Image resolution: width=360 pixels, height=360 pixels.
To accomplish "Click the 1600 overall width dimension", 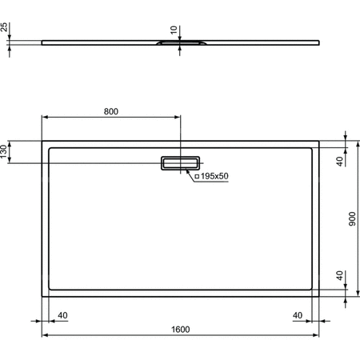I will coord(180,330).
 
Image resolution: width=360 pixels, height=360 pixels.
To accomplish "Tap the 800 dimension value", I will coord(110,112).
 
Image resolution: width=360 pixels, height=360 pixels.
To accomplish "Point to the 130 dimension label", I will coord(5,151).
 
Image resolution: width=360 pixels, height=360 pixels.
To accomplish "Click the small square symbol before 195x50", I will coord(197,175).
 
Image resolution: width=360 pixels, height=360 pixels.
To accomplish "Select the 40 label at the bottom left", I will coord(62,315).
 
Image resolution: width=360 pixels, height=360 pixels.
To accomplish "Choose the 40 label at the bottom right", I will coord(298,315).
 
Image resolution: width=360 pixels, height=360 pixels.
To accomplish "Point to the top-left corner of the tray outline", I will coord(42,142).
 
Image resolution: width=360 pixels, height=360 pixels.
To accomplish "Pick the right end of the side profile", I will coord(321,43).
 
